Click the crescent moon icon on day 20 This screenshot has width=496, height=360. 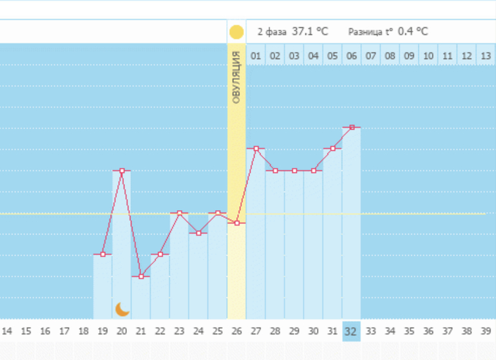[122, 309]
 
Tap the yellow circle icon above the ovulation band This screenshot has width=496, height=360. [236, 32]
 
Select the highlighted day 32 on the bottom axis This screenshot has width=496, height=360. [351, 332]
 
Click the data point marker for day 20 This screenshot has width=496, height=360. [122, 171]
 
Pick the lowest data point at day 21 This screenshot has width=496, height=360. [141, 276]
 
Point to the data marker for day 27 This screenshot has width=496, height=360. [256, 149]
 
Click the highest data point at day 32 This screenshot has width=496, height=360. [352, 128]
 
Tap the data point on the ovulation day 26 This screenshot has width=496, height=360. [237, 223]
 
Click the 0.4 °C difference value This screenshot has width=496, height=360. [413, 31]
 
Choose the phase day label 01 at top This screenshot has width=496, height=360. [256, 56]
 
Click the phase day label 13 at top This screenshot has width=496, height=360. [486, 56]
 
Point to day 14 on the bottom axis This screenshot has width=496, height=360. [7, 332]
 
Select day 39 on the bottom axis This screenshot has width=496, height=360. [486, 332]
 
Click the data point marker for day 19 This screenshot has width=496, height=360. [103, 254]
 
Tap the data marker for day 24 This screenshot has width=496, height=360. [198, 233]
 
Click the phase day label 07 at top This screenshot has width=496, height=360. [370, 56]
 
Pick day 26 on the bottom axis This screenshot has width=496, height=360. [236, 332]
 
